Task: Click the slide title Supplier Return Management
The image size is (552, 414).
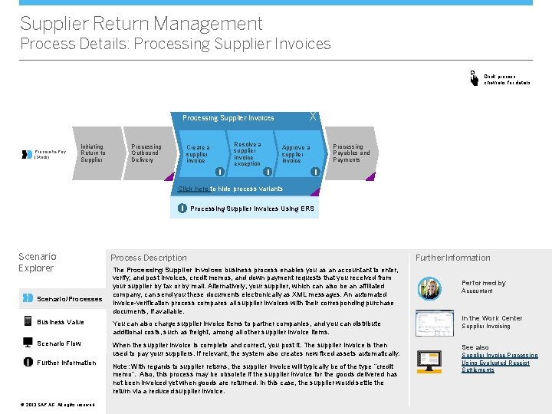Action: (141, 24)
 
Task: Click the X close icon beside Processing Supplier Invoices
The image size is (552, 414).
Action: (313, 117)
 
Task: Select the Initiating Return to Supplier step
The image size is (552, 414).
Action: (93, 153)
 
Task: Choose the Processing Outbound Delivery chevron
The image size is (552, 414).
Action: (146, 153)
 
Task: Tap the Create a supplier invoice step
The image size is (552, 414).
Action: (198, 153)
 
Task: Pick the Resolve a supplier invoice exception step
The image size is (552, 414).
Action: (247, 153)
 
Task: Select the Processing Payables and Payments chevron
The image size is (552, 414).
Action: (350, 153)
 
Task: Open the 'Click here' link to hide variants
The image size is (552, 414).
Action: (193, 189)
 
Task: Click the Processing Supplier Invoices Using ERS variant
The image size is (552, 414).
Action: (251, 209)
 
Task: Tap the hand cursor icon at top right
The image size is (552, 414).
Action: (473, 77)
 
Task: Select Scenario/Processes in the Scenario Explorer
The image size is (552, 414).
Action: (69, 299)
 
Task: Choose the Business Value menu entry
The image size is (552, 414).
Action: (61, 322)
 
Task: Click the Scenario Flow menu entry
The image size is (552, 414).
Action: (59, 343)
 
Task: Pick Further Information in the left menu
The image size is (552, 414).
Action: (67, 363)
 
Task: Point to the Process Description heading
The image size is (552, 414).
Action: (148, 258)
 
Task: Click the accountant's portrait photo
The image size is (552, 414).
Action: (429, 287)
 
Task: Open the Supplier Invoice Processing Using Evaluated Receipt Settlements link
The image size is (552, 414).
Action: (498, 363)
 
